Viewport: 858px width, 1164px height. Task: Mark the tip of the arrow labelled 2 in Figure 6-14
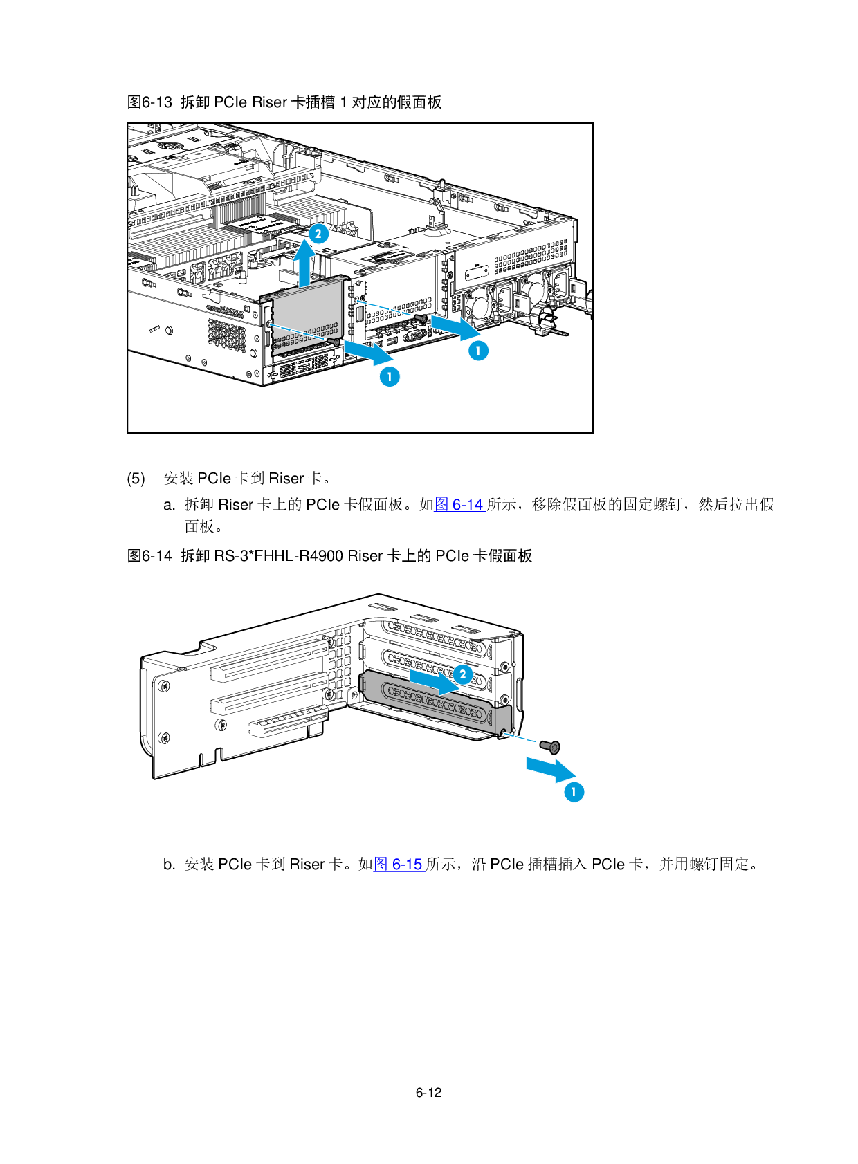pos(459,686)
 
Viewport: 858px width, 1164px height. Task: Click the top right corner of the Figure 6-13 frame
pos(593,123)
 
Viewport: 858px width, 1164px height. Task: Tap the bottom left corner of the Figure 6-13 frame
pos(127,432)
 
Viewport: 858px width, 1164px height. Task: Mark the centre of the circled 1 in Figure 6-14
pos(574,792)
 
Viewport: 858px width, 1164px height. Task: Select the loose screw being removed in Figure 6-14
pos(550,747)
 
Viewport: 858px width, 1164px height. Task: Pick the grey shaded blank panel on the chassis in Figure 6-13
pos(304,316)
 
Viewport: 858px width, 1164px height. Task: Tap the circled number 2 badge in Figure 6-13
pos(318,234)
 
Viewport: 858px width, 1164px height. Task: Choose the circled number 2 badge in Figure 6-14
pos(463,674)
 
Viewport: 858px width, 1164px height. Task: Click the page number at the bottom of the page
pos(428,1092)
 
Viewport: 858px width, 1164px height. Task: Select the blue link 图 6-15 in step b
pos(399,864)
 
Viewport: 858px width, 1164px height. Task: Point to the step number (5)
pos(136,478)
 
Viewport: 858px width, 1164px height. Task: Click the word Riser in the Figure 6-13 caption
pos(269,102)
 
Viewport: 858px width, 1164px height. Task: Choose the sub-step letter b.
pos(168,864)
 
